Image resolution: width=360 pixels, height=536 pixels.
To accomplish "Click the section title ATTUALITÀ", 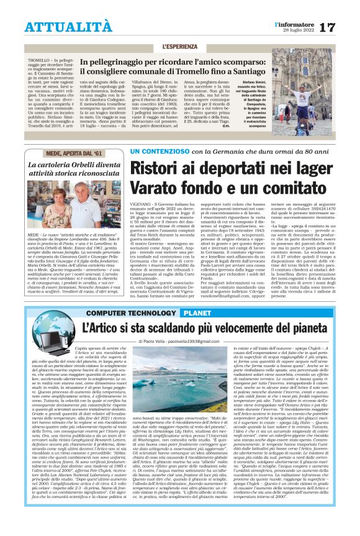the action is point(60,26).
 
